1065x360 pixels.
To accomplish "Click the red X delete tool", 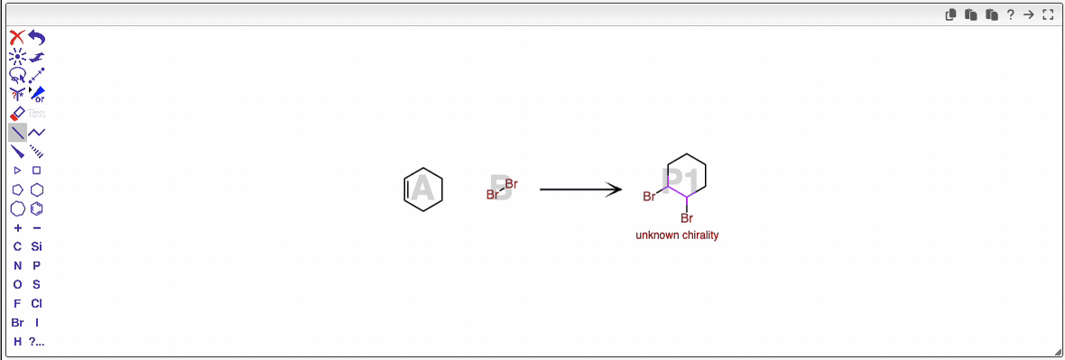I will point(17,37).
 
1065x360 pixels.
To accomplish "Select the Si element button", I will point(36,246).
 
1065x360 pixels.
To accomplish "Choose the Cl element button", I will point(36,303).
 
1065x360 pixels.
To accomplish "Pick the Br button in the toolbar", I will point(17,322).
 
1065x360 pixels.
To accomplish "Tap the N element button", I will point(17,265).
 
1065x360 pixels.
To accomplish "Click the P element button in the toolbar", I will point(36,265).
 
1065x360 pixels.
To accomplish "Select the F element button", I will point(17,303).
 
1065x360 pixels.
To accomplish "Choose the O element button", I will point(17,284).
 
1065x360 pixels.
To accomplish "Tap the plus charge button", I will point(17,227).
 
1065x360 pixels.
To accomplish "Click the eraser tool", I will point(17,114).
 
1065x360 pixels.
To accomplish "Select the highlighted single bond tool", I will point(17,133).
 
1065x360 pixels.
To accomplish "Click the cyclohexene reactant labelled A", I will point(422,189).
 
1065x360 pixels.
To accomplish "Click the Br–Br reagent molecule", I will point(502,189).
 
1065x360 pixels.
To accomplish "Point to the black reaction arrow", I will point(580,189).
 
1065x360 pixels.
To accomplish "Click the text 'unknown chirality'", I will point(677,235).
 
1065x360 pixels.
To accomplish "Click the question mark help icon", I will point(1011,14).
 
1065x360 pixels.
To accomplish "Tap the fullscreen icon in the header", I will point(1048,14).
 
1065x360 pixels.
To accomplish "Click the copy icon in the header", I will point(950,14).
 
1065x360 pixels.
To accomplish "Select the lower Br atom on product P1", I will point(687,217).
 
